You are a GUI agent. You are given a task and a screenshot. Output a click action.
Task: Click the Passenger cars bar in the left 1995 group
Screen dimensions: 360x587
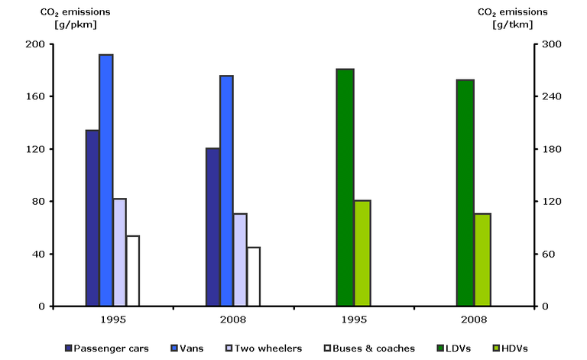pos(92,218)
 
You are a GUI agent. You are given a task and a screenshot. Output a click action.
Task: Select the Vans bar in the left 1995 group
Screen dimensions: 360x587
pos(105,180)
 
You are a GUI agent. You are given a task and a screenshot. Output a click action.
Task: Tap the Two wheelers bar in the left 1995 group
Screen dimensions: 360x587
pos(119,252)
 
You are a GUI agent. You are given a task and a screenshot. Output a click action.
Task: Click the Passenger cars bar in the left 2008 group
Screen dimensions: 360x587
pos(212,227)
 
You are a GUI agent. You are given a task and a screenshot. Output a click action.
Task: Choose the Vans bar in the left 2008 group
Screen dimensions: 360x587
pos(226,191)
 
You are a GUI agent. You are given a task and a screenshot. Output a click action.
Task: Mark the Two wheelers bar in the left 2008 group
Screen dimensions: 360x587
pos(240,260)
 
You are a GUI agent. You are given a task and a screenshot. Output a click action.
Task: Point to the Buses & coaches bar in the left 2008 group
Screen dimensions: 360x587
pos(253,277)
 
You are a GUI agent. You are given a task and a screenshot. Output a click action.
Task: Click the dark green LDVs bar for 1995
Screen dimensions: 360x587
pos(345,187)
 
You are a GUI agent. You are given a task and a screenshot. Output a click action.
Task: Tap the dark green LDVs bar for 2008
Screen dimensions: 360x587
pos(465,193)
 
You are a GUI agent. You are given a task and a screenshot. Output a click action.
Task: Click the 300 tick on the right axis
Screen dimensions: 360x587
pos(550,44)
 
